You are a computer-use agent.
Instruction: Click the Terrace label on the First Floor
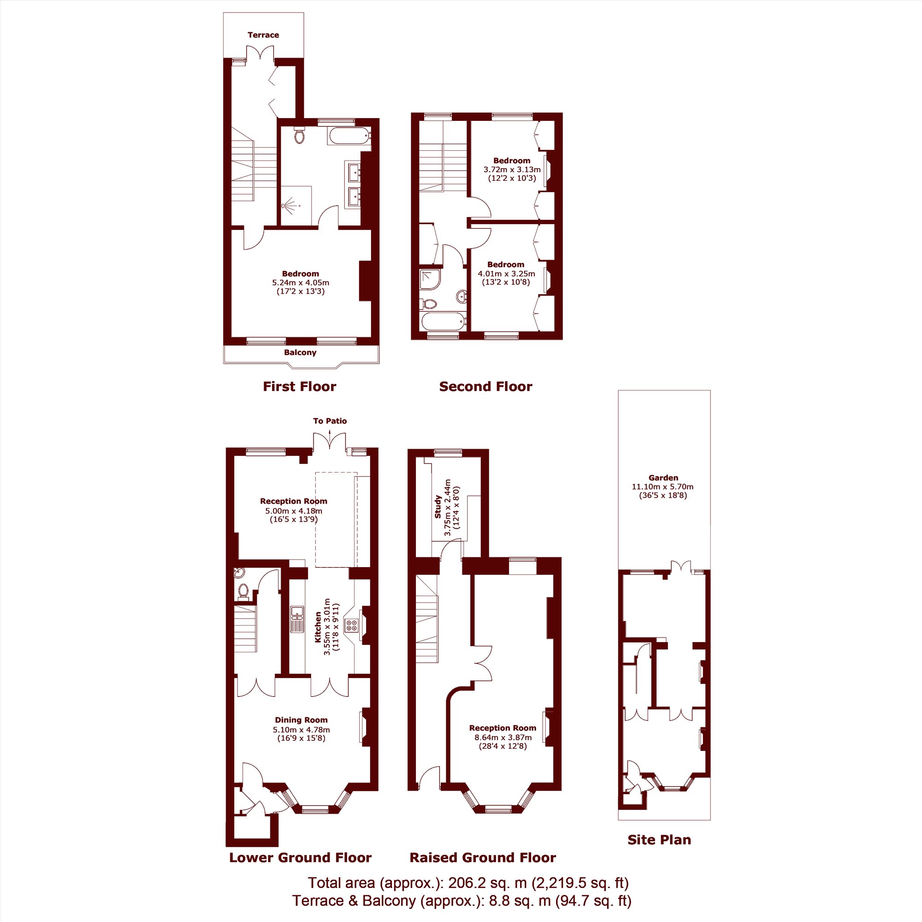coord(263,35)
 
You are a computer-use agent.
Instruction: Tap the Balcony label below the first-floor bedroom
coord(300,353)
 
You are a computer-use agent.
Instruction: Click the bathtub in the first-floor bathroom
coord(349,136)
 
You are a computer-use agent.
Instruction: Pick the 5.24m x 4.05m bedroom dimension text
coord(301,283)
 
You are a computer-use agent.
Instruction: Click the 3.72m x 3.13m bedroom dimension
coord(512,169)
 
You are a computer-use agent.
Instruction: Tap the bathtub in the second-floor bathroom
coord(443,321)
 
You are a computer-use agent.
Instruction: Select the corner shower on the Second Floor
coord(430,280)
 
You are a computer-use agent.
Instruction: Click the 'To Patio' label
coord(330,421)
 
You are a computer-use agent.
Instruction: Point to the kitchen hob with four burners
coord(352,625)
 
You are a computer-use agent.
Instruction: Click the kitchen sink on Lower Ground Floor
coord(297,619)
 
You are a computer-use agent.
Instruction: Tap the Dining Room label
coord(301,720)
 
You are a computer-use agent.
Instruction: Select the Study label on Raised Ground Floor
coord(437,507)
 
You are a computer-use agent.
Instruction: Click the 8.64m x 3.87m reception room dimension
coord(502,737)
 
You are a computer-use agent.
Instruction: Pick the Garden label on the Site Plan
coord(663,478)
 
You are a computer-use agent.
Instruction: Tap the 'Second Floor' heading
coord(485,387)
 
